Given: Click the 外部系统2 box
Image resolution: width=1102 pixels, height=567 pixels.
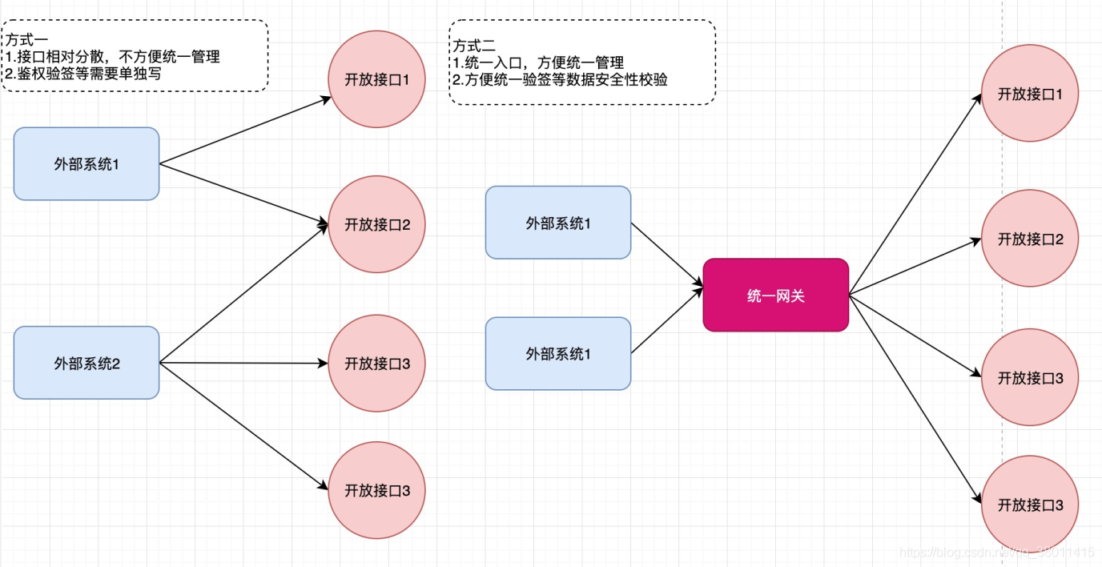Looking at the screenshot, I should tap(86, 363).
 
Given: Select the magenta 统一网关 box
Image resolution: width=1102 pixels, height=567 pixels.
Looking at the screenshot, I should tap(775, 295).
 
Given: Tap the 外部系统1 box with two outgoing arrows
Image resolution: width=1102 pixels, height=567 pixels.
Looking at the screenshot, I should tap(86, 164).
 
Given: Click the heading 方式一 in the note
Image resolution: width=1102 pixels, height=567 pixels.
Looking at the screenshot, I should tap(28, 40).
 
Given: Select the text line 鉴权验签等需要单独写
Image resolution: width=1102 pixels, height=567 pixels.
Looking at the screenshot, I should tap(83, 74).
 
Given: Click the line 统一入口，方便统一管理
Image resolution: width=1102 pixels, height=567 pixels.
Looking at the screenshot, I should tap(538, 63).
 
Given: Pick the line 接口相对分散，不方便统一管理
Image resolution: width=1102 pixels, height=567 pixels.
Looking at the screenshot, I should tap(112, 57).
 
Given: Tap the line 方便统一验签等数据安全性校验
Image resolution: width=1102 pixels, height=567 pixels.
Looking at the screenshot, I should tap(560, 80).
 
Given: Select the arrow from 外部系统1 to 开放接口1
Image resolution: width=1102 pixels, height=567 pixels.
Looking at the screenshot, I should tap(244, 132).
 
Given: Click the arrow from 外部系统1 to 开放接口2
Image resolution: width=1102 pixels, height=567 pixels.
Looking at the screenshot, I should tap(244, 195).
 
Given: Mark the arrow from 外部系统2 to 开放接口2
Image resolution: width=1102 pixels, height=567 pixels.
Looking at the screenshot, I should tap(244, 294).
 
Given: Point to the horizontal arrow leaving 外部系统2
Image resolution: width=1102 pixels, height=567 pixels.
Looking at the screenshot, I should tap(244, 363).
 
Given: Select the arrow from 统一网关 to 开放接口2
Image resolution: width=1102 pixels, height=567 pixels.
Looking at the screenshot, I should tap(915, 267).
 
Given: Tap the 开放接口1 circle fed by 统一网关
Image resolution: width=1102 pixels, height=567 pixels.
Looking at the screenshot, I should tap(1030, 94).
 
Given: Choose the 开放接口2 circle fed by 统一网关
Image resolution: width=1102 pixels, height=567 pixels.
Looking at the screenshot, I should tap(1030, 239).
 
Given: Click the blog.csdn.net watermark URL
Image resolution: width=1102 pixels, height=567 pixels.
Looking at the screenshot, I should tap(996, 553).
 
